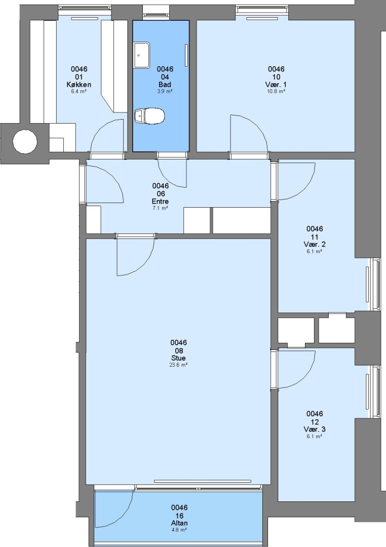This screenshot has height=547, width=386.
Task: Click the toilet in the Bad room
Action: tap(149, 116)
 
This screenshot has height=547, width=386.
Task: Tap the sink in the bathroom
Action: tap(142, 55)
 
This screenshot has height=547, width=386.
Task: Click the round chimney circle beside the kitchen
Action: tap(25, 141)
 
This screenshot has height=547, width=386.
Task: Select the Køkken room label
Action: tap(79, 85)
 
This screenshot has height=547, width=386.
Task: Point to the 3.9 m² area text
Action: tap(165, 91)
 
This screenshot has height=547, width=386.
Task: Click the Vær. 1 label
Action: tap(276, 85)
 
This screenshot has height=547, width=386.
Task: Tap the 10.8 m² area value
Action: tap(276, 91)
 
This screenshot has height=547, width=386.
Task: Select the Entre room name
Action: tap(160, 201)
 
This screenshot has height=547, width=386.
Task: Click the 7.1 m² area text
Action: tap(160, 208)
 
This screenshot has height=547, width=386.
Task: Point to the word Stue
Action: tap(178, 358)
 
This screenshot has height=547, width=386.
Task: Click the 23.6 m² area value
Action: tap(178, 365)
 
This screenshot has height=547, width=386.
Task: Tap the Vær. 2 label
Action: tap(315, 244)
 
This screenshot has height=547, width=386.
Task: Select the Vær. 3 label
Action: tap(315, 429)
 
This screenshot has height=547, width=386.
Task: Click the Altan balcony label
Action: tap(179, 523)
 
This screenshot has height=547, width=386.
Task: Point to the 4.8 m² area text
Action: tap(179, 530)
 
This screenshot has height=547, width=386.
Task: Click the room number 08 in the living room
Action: tap(178, 350)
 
